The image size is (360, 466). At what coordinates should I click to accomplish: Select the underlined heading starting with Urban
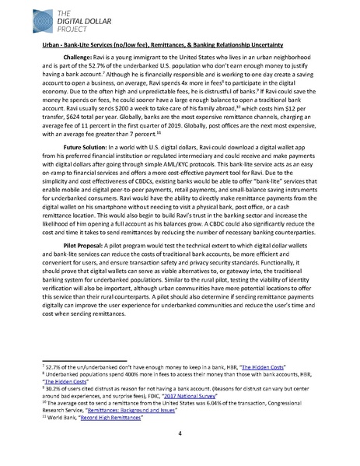pyautogui.click(x=171, y=47)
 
